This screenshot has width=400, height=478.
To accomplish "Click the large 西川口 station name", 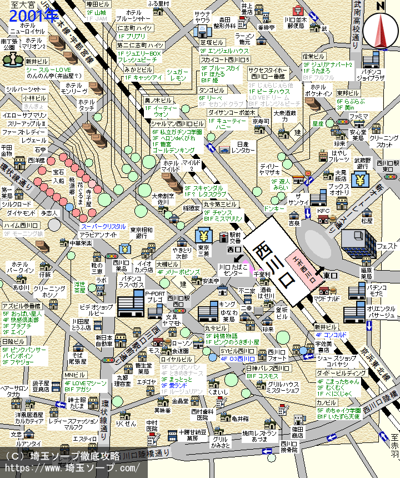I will click(x=273, y=265).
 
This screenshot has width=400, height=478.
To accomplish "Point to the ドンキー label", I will click(x=274, y=208).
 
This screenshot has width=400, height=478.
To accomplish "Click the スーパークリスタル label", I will click(x=103, y=227).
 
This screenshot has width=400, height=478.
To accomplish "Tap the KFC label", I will click(x=323, y=211).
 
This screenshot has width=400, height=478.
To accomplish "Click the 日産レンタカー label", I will click(x=243, y=147).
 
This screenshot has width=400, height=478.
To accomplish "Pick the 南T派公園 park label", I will click(x=9, y=44).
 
